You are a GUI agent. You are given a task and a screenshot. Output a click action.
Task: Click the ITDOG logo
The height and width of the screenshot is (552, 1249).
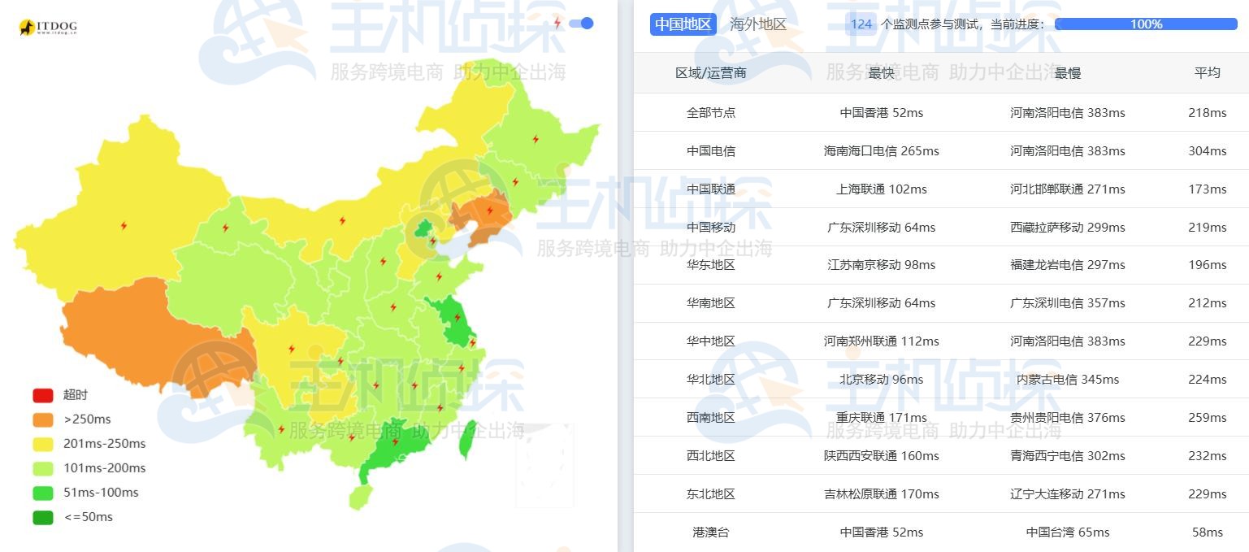coord(48,28)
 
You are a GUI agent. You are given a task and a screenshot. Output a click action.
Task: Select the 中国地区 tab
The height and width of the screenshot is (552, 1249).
coord(683,24)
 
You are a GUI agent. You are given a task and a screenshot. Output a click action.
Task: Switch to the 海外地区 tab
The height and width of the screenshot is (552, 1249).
coord(758,24)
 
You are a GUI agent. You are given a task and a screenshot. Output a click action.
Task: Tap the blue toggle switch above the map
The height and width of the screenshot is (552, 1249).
coord(581,24)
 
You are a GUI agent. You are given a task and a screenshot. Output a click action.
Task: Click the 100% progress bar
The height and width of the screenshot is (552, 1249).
coord(1145,24)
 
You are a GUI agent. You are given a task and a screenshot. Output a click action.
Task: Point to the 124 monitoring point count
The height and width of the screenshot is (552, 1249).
coord(861,24)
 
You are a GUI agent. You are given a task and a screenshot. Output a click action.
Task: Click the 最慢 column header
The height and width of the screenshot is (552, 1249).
coord(1067,73)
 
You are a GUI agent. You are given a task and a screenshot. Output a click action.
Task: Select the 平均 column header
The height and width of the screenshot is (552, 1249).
coord(1207,73)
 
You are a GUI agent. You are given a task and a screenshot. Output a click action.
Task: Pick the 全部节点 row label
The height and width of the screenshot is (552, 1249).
coord(710,113)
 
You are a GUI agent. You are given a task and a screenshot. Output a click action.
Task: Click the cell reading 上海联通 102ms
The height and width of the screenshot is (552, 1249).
coord(881,189)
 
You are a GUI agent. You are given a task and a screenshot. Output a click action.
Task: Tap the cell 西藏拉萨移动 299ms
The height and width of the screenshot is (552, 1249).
coord(1067,228)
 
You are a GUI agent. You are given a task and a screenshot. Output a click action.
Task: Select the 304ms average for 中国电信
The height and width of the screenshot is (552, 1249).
coord(1207,151)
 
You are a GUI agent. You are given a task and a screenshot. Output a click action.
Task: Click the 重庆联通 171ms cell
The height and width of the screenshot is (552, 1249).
coord(881,418)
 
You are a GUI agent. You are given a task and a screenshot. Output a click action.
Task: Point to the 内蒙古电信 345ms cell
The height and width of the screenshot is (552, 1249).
coord(1067,380)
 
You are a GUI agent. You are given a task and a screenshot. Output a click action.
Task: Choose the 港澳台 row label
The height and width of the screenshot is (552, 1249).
coord(710,532)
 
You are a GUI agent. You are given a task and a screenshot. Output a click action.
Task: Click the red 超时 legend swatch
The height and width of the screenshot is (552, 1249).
coord(43,395)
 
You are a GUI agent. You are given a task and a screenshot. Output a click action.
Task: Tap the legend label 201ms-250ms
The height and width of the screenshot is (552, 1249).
coord(104,444)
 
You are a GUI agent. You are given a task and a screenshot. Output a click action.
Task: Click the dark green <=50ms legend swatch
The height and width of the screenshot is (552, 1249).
coord(43,517)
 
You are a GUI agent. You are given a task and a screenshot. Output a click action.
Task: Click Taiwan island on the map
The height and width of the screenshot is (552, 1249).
coord(466,440)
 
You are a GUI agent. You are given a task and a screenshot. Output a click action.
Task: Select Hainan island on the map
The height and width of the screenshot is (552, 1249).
coord(360,495)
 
